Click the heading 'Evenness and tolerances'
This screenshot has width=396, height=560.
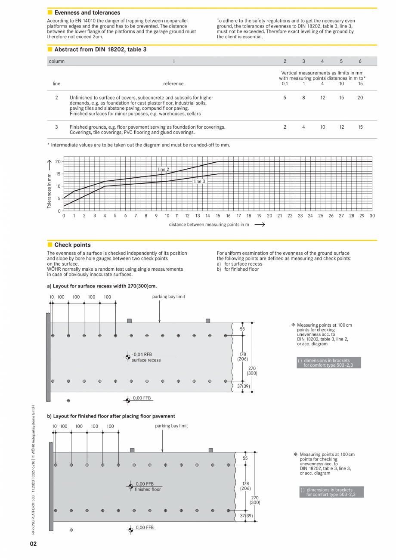point(87,13)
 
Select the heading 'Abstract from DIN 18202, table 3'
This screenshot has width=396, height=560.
point(100,50)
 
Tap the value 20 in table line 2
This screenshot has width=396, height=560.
point(360,98)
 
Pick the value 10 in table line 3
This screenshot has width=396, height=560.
point(322,127)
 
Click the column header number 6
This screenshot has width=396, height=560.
point(360,61)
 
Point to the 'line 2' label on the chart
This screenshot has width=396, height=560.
point(163,170)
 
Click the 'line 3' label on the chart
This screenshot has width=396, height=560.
point(199,182)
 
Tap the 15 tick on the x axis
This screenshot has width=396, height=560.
point(218,216)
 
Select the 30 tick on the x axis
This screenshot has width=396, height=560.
point(372,216)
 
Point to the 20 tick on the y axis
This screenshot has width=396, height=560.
point(58,162)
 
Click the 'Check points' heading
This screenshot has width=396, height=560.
point(72,245)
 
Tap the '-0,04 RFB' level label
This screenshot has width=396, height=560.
point(142,355)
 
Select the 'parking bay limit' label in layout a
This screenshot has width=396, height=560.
point(168,297)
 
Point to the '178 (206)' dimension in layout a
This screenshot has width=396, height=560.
point(242,356)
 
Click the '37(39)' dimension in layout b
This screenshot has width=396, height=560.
point(246,515)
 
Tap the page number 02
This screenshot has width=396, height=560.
point(33,544)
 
